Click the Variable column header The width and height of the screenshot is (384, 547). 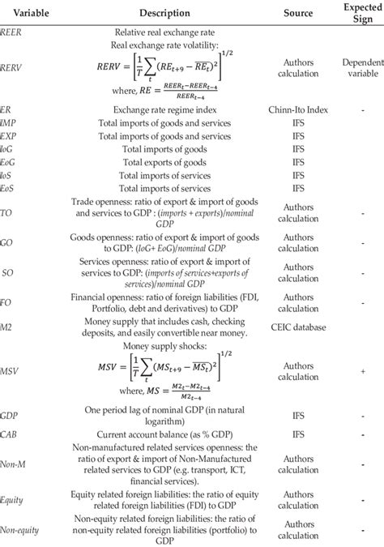24,13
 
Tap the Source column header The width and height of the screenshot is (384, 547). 298,13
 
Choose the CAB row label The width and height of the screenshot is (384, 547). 10,434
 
